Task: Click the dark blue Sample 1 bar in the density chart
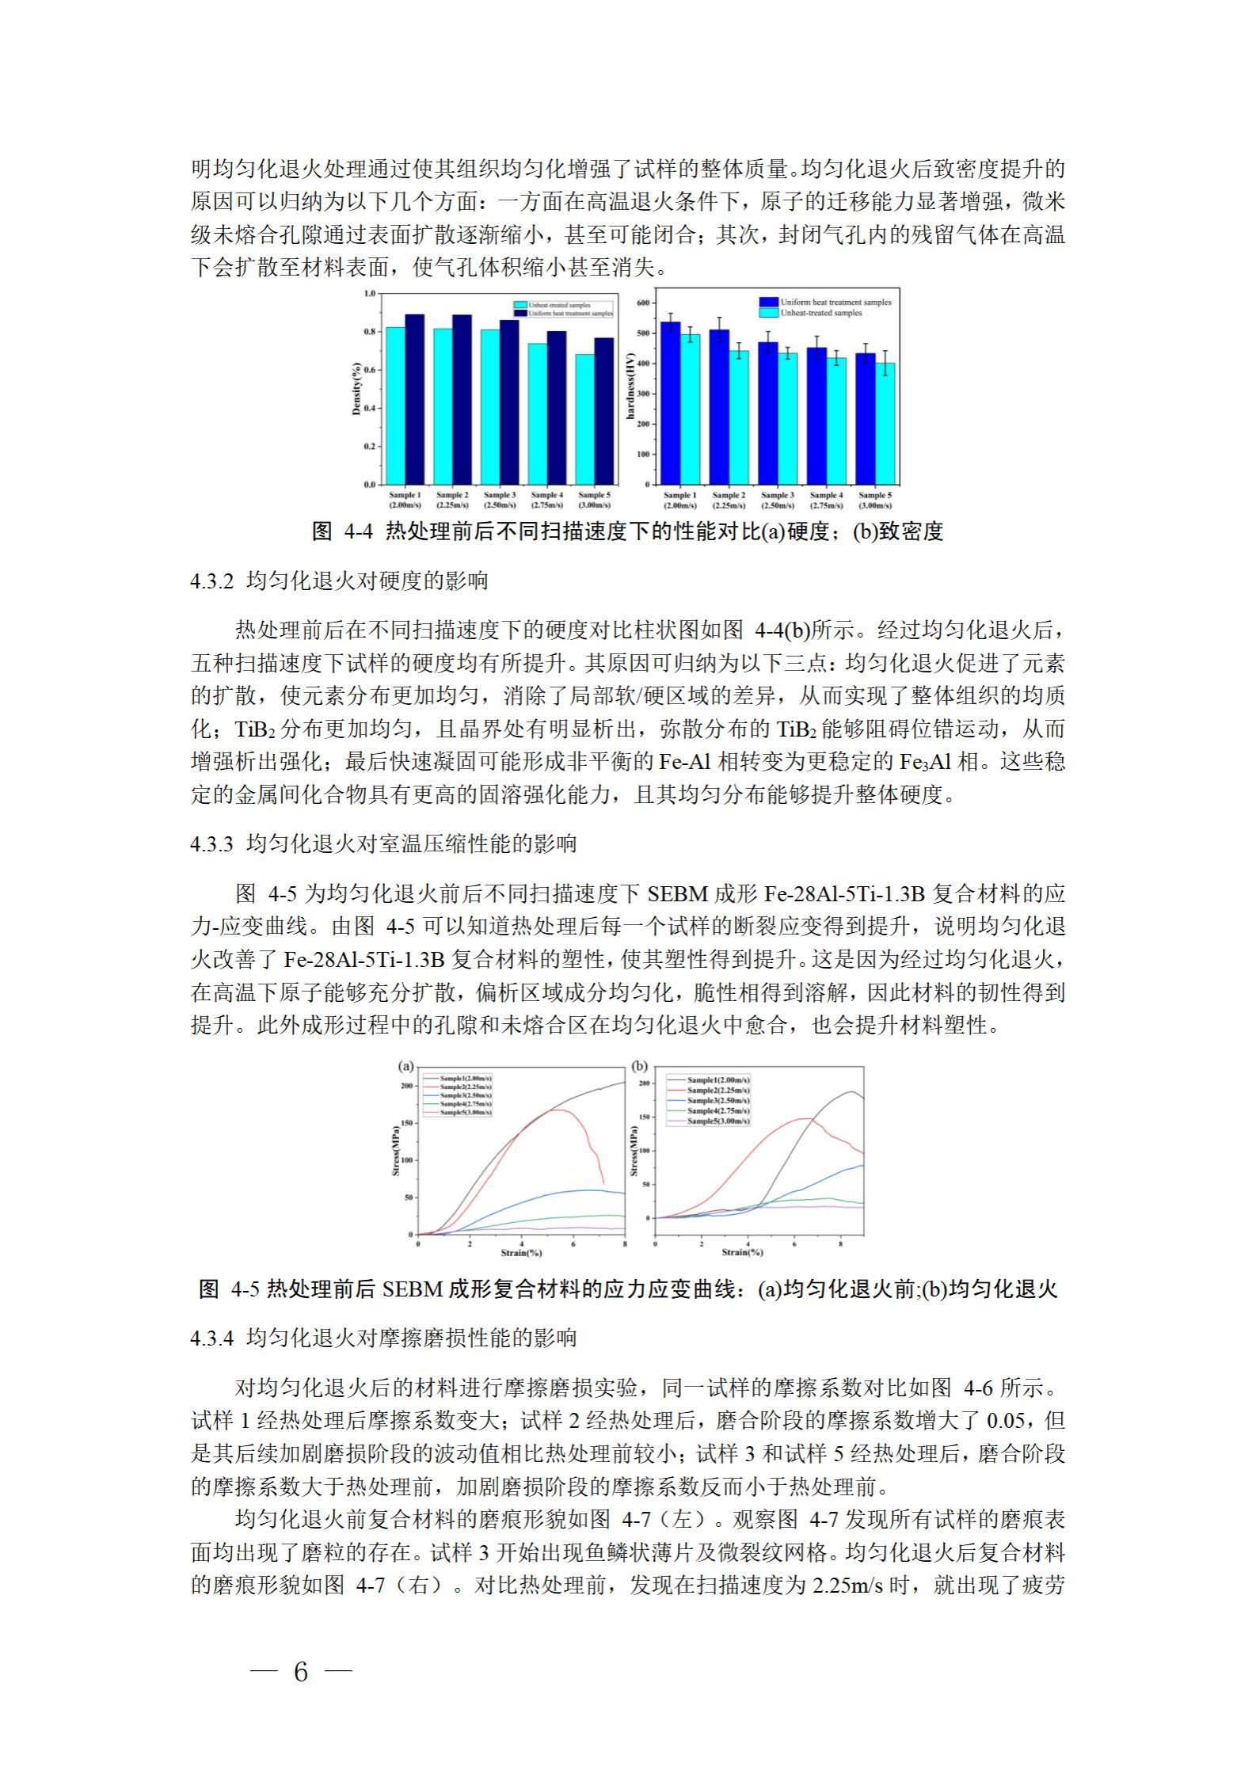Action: pos(414,399)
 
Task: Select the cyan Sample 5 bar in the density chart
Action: pos(585,419)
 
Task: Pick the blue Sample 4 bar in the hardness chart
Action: pos(816,416)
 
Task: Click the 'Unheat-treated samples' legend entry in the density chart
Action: pos(558,305)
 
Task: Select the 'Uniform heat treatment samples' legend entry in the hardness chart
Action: pos(835,302)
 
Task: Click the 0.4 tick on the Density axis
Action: pos(370,408)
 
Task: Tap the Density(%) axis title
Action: pos(357,389)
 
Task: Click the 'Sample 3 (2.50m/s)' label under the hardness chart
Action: pos(777,500)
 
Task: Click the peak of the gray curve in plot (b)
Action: pos(851,1092)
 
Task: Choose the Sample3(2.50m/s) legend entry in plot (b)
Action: pos(717,1101)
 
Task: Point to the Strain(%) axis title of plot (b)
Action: pos(742,1252)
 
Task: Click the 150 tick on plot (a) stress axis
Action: pos(407,1123)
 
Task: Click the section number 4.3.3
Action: pos(211,844)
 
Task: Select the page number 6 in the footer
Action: pos(300,1673)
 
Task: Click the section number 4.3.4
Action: pos(211,1339)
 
